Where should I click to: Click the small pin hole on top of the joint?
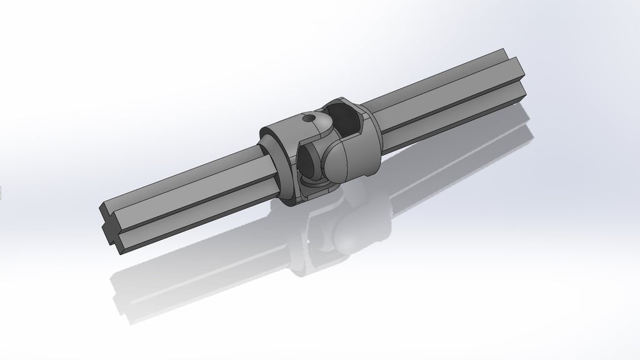click(307, 117)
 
